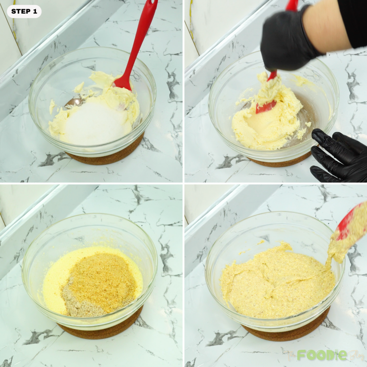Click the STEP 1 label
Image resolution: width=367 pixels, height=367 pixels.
[x=24, y=11]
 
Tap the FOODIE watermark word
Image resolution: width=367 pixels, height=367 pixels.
[x=321, y=355]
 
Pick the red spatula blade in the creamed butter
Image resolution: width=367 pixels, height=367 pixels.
[x=266, y=106]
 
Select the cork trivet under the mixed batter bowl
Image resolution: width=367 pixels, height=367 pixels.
[x=287, y=333]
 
